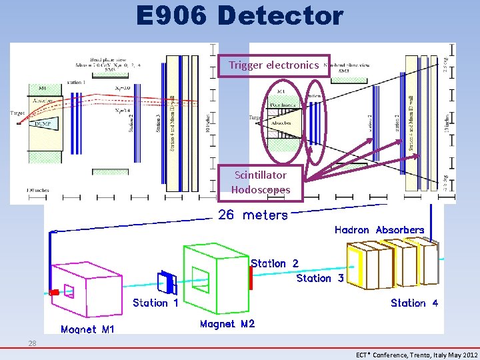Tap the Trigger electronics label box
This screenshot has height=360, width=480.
273,65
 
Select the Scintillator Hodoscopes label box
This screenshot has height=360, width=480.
261,182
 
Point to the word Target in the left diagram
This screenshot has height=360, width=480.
18,113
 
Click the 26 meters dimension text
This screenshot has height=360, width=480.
253,215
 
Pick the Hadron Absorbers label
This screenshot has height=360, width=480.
379,230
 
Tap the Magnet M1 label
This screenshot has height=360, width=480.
87,329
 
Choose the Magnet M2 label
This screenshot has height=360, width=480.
227,324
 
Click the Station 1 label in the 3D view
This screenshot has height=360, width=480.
155,303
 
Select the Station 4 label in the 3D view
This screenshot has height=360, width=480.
414,303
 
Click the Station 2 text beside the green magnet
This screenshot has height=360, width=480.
275,263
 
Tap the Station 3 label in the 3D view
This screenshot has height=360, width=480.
320,278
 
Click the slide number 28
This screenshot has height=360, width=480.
32,343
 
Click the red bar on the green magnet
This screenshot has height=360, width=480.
251,278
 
